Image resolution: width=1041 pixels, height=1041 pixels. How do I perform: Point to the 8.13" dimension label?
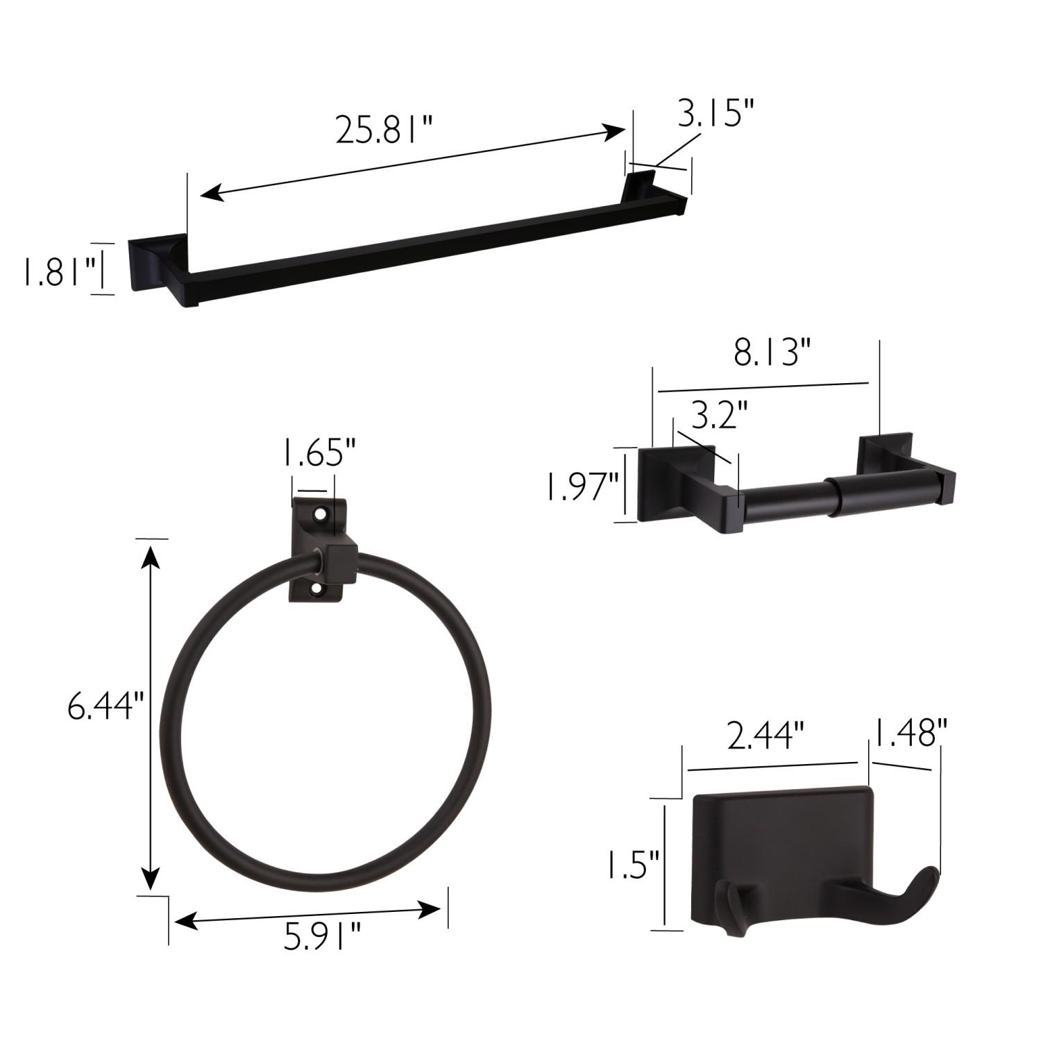pyautogui.click(x=772, y=354)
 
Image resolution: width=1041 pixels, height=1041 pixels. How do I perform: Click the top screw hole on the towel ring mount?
pyautogui.click(x=321, y=515)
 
